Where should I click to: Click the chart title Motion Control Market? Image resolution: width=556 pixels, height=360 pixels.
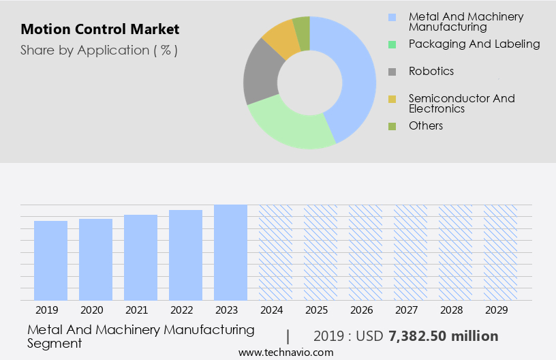point(100,29)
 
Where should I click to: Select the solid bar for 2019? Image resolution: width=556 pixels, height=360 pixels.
point(50,260)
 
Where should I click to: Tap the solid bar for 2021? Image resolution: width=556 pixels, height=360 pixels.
point(140,258)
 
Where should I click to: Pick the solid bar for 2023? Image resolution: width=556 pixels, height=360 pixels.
point(230,252)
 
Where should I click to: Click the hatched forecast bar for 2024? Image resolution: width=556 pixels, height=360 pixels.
point(275,252)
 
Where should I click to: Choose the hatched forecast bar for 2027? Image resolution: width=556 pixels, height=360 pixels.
point(410,252)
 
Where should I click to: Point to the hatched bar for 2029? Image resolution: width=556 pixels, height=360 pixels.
point(500,252)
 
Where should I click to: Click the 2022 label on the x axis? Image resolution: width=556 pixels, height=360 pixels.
point(185,310)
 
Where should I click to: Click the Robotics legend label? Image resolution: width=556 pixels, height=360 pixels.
point(431,71)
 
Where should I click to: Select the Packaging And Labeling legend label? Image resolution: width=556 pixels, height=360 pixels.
point(474,44)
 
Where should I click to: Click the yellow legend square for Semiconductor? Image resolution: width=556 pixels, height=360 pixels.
point(392,100)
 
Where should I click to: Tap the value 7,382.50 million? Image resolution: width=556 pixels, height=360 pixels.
point(443,336)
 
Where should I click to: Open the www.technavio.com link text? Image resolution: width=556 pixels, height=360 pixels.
point(286,352)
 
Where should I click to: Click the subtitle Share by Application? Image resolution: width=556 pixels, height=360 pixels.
point(99,50)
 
